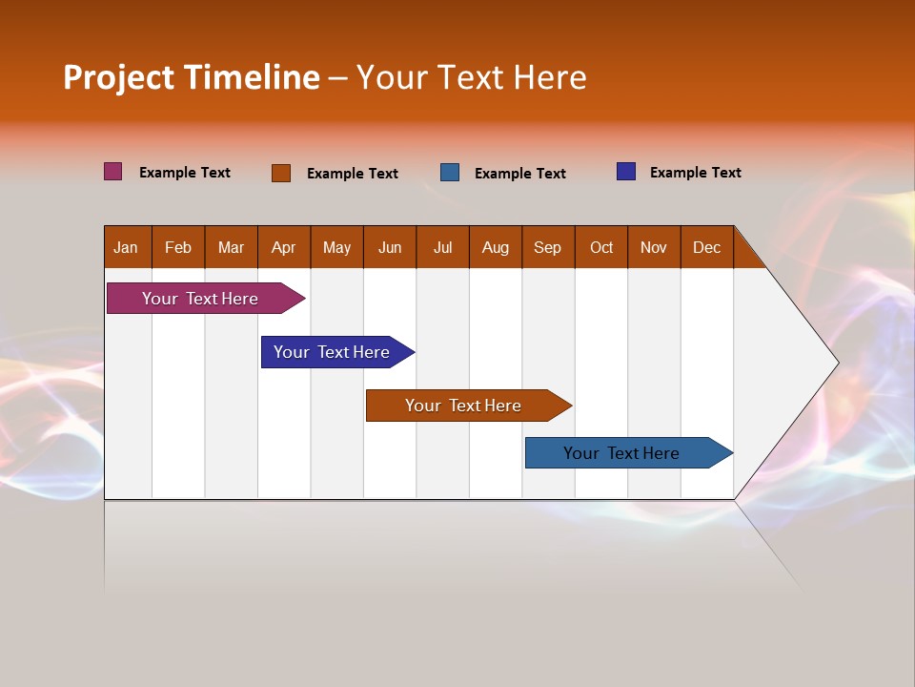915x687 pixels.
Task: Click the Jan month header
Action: coord(126,248)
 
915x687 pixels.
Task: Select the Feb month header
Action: coord(178,248)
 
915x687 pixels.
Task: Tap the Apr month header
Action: coord(284,248)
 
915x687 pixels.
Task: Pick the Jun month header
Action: coord(390,248)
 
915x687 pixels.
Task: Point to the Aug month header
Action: coord(496,248)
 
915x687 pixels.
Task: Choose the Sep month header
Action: coord(548,248)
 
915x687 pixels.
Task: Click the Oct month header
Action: coord(601,248)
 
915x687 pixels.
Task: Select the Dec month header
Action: coord(707,248)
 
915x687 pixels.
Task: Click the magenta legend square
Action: coord(113,172)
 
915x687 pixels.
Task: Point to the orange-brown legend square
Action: coord(281,173)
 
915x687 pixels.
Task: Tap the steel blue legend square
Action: coord(450,173)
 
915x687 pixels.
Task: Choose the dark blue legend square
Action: coord(626,172)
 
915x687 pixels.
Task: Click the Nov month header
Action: coord(654,248)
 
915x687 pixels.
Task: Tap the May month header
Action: coord(336,248)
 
